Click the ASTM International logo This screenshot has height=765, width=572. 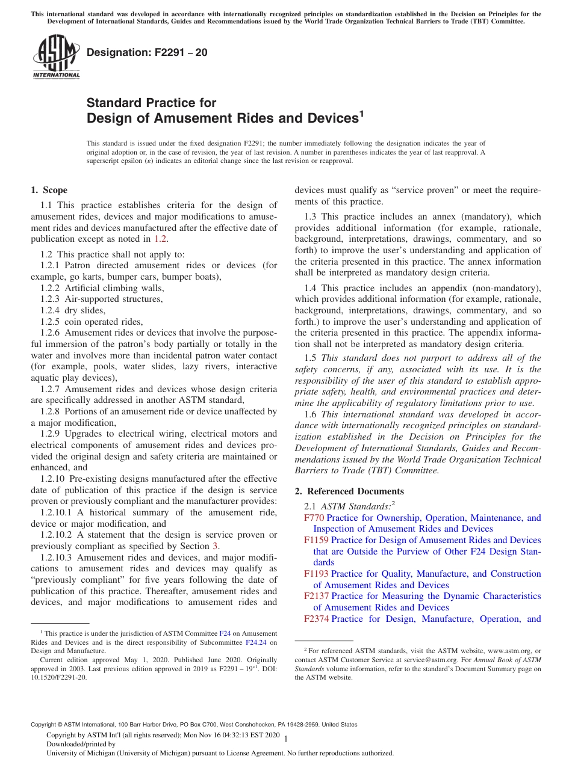coord(55,57)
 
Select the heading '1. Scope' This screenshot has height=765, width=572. coord(49,190)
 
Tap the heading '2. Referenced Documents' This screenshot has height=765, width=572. coord(349,491)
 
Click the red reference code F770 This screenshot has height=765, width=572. coord(314,518)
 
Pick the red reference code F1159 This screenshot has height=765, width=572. coord(317,540)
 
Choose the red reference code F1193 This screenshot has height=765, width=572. coord(317,574)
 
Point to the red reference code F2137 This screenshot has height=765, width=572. coord(317,596)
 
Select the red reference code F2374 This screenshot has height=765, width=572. coord(317,619)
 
